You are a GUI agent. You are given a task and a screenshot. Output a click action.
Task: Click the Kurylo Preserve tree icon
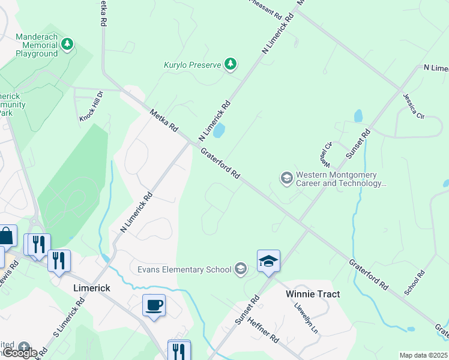point(230,64)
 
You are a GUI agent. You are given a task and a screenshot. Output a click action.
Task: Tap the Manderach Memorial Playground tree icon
point(68,44)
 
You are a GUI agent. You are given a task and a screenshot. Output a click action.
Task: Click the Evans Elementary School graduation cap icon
point(241,269)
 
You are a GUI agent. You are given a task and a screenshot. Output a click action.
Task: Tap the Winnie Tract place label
point(312,294)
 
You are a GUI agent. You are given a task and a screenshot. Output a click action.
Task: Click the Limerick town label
point(91,288)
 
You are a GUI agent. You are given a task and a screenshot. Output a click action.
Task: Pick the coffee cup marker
point(154,305)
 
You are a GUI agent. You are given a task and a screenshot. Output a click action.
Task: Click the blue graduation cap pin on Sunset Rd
point(268,261)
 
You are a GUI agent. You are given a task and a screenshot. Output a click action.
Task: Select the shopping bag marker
point(6,236)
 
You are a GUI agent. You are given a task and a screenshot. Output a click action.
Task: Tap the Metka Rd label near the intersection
point(164,121)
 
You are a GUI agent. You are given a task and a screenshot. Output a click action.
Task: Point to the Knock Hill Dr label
point(92,107)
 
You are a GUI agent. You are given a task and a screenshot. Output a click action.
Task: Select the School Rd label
point(415,282)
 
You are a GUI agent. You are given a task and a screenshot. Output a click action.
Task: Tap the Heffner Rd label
point(263,329)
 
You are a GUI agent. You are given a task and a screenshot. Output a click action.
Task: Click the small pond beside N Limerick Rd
point(219,130)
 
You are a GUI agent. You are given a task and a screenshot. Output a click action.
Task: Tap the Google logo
point(20,352)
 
